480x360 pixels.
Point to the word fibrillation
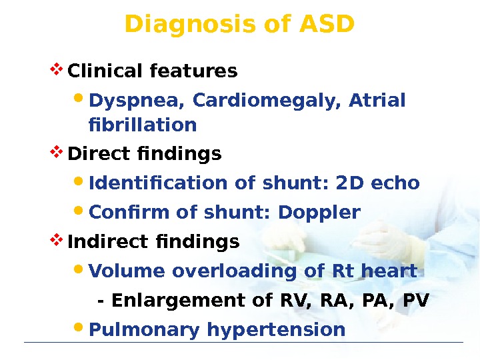coord(142,125)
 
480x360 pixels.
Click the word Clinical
coord(107,71)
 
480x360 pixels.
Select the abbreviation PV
coord(417,301)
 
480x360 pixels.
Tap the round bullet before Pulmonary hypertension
coord(78,327)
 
